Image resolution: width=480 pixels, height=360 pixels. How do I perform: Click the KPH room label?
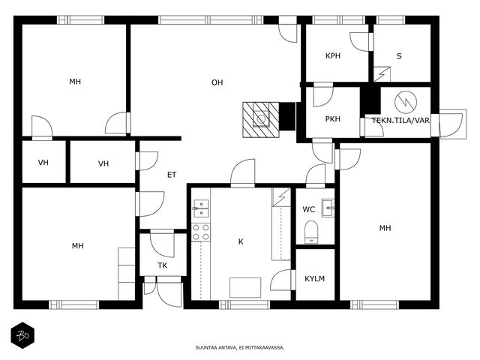333,56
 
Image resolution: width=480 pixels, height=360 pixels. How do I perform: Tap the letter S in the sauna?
399,56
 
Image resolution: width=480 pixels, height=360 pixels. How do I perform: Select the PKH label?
333,118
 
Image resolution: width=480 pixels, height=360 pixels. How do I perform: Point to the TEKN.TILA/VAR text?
401,120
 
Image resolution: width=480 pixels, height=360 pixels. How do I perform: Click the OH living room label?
217,82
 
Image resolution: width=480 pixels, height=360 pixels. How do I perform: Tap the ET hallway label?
172,175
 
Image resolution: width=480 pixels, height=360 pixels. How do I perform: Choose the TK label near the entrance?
163,265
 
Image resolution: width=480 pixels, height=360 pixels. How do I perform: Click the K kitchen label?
241,241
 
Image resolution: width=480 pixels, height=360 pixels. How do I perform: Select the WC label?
308,209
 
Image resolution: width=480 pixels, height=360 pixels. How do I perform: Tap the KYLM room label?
315,279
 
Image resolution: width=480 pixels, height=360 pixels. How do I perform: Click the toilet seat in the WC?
312,232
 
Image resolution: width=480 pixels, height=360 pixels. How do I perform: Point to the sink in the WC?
328,208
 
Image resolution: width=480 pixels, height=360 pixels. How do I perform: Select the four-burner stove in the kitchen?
201,232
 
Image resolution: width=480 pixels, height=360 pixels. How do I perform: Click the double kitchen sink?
201,208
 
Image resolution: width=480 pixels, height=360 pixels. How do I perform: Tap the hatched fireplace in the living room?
261,119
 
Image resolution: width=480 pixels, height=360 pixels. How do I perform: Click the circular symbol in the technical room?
406,102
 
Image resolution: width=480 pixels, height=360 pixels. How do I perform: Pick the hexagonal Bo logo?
22,335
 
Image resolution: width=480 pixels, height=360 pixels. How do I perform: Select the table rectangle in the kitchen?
245,287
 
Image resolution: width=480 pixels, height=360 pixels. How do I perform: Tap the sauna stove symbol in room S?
382,74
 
